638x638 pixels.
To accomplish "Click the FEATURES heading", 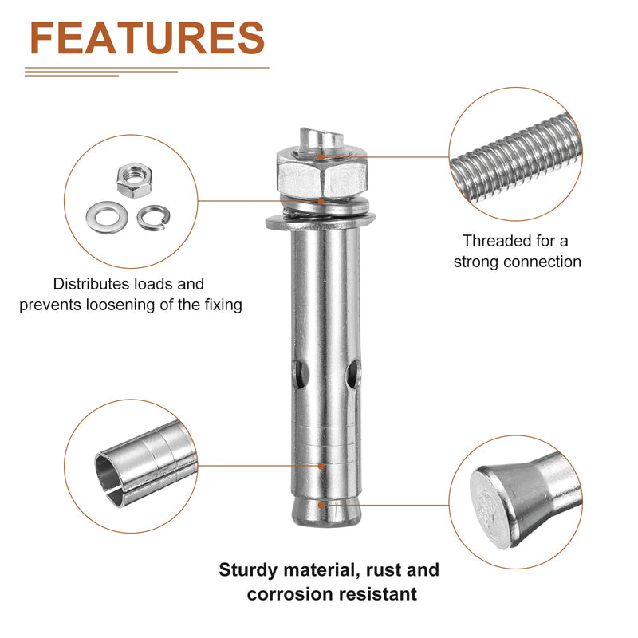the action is tap(148, 37).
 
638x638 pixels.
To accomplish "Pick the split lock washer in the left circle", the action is tap(153, 218).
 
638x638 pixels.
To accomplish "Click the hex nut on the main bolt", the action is tap(322, 174).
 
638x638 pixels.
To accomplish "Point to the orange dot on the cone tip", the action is tap(321, 505).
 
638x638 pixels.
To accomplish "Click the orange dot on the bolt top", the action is tap(321, 157).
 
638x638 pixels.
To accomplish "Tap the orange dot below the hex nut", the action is tap(321, 201).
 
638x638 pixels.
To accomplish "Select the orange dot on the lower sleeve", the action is tap(321, 466).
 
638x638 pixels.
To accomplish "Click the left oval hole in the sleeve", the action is tap(301, 374).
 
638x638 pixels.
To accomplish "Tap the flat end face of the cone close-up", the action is tap(490, 508).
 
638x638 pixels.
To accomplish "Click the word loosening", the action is tap(120, 305).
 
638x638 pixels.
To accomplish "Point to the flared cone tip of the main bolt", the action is tap(326, 511).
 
